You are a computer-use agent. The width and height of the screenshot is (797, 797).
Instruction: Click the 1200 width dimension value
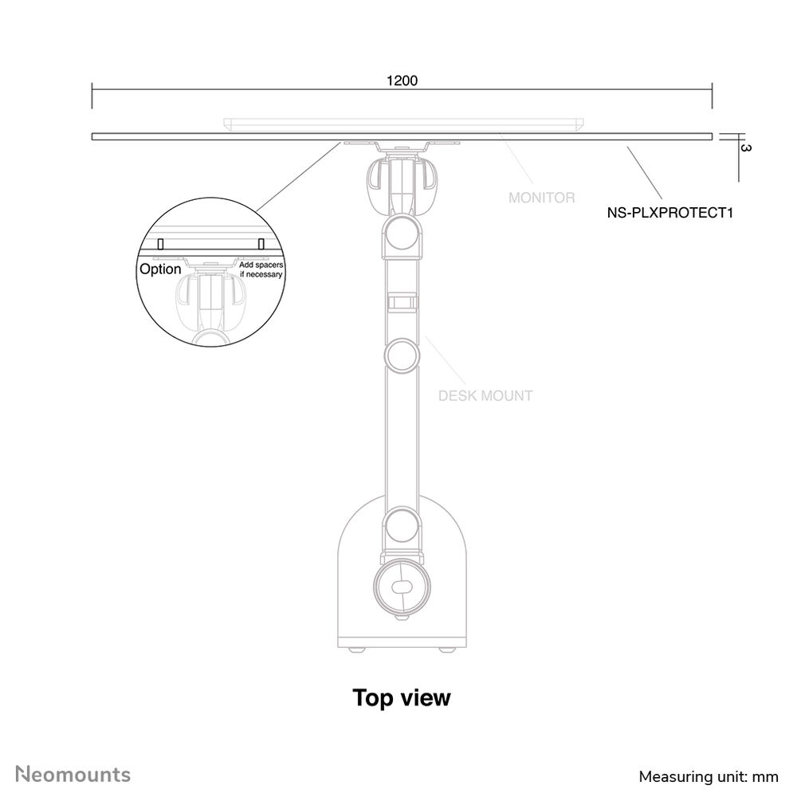pos(402,80)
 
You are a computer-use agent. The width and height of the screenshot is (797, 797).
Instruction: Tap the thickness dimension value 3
pos(746,148)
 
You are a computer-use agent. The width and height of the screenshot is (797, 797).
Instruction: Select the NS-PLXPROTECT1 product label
pos(670,213)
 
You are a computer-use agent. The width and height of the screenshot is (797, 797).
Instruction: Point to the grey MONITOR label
pos(542,198)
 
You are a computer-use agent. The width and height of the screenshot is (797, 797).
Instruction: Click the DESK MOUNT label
pos(485,395)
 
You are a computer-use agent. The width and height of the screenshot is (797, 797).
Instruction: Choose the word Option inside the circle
pos(160,269)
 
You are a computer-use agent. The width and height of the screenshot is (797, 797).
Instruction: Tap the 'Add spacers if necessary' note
pos(261,269)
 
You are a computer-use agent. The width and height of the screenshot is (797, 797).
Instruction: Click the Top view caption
pos(402,698)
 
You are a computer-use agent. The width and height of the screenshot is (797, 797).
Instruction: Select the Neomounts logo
pos(73,775)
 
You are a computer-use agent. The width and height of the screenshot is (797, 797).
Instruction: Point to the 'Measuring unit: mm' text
pos(708,776)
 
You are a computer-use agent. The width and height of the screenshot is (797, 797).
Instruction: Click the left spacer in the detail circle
pos(160,244)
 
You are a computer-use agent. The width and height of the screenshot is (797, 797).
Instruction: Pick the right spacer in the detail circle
pos(261,244)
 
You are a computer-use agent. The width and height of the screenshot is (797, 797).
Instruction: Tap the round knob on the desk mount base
pos(402,587)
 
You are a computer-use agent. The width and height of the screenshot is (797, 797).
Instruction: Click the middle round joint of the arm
pos(402,355)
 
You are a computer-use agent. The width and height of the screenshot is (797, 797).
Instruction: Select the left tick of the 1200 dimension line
pos(92,96)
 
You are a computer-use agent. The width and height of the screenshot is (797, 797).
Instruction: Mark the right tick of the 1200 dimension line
pos(712,96)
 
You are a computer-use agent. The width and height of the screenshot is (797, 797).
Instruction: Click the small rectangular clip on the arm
pos(402,302)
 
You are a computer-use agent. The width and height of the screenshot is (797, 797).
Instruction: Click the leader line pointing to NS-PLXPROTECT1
pos(645,173)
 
